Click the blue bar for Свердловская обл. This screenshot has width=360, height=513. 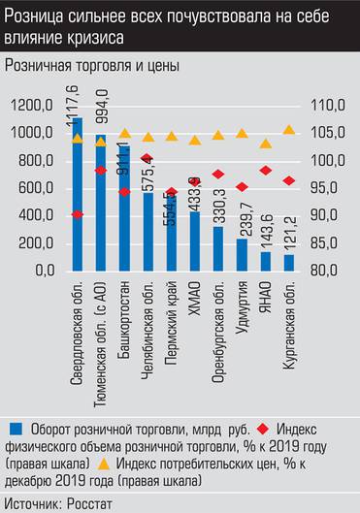tap(76, 194)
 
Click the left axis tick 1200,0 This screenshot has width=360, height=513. tap(35, 105)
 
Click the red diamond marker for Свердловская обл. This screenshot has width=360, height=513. tap(77, 214)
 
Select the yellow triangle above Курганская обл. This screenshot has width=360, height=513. tap(288, 130)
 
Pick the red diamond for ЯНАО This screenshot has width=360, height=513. tap(265, 171)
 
